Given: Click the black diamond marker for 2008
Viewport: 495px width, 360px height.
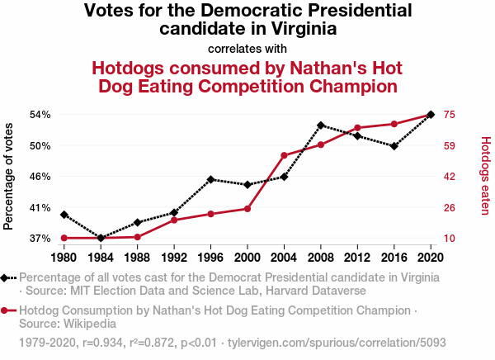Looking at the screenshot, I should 321,126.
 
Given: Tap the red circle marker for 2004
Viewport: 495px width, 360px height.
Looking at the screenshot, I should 284,155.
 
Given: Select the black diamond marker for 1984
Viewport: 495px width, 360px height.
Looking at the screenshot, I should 101,238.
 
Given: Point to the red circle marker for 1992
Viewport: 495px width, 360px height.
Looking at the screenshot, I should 174,220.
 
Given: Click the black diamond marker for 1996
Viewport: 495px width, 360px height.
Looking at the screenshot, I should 211,179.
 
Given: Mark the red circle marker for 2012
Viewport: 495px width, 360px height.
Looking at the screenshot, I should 357,128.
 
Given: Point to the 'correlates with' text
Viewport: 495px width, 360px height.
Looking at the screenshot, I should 247,48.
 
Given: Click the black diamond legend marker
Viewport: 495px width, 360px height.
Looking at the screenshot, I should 7,277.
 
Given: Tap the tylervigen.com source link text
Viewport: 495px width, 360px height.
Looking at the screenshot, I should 337,342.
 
